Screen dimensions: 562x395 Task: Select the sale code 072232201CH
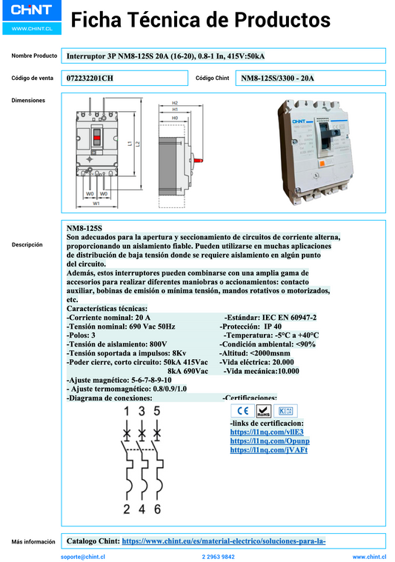pos(90,78)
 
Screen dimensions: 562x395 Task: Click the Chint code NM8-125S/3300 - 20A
pos(278,78)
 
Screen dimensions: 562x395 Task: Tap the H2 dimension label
pos(175,103)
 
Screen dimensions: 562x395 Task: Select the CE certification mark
pos(242,412)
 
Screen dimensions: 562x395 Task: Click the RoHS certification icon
pos(263,412)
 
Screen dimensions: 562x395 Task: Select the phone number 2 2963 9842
pos(218,556)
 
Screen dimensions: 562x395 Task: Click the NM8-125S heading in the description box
pos(84,227)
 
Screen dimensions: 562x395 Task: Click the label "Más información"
pos(34,542)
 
